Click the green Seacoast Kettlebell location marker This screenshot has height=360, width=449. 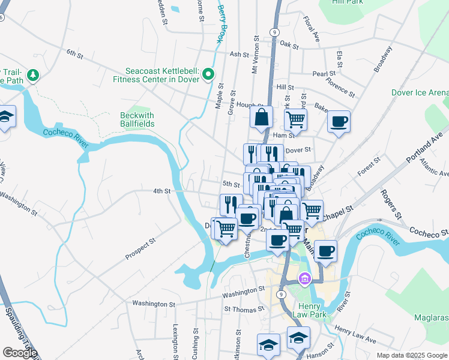208,74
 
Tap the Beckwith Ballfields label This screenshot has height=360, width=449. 137,119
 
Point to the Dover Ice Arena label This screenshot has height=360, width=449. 420,92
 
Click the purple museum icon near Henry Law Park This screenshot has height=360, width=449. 305,278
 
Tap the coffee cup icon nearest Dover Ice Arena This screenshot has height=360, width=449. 339,122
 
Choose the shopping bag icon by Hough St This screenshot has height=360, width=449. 262,117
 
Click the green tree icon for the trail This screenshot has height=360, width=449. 34,74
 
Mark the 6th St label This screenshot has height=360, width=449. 74,53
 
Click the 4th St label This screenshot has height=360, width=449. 161,191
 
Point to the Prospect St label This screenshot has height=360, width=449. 140,248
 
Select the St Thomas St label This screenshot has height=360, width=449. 244,309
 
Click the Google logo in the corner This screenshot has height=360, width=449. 20,353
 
